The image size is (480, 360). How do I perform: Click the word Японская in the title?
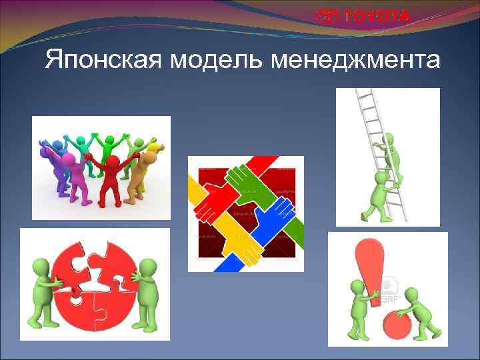pyautogui.click(x=104, y=61)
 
